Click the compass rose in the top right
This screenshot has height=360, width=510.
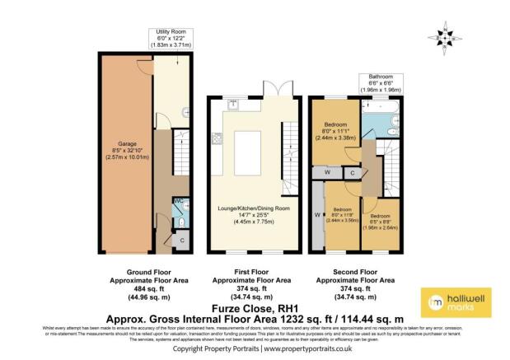(444, 36)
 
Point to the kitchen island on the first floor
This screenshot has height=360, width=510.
(252, 147)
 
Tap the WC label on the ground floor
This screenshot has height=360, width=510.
(177, 201)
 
